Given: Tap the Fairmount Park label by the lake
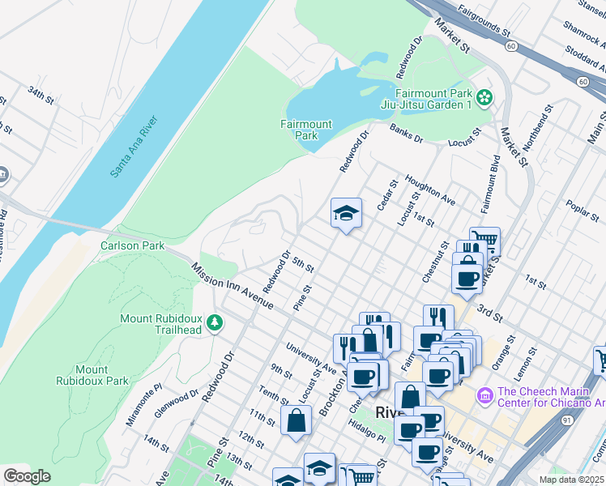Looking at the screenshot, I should [x=306, y=130].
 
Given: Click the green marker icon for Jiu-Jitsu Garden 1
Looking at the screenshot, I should [x=484, y=98].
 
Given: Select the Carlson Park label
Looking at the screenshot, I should [x=132, y=245].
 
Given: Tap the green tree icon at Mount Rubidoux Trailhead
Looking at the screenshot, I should [x=215, y=324].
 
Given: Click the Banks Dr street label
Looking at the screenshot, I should [x=407, y=133].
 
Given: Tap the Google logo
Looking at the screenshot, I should [x=27, y=476].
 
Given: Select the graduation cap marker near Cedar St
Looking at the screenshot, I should [x=346, y=215].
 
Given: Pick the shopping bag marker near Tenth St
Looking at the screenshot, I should [x=296, y=421].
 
